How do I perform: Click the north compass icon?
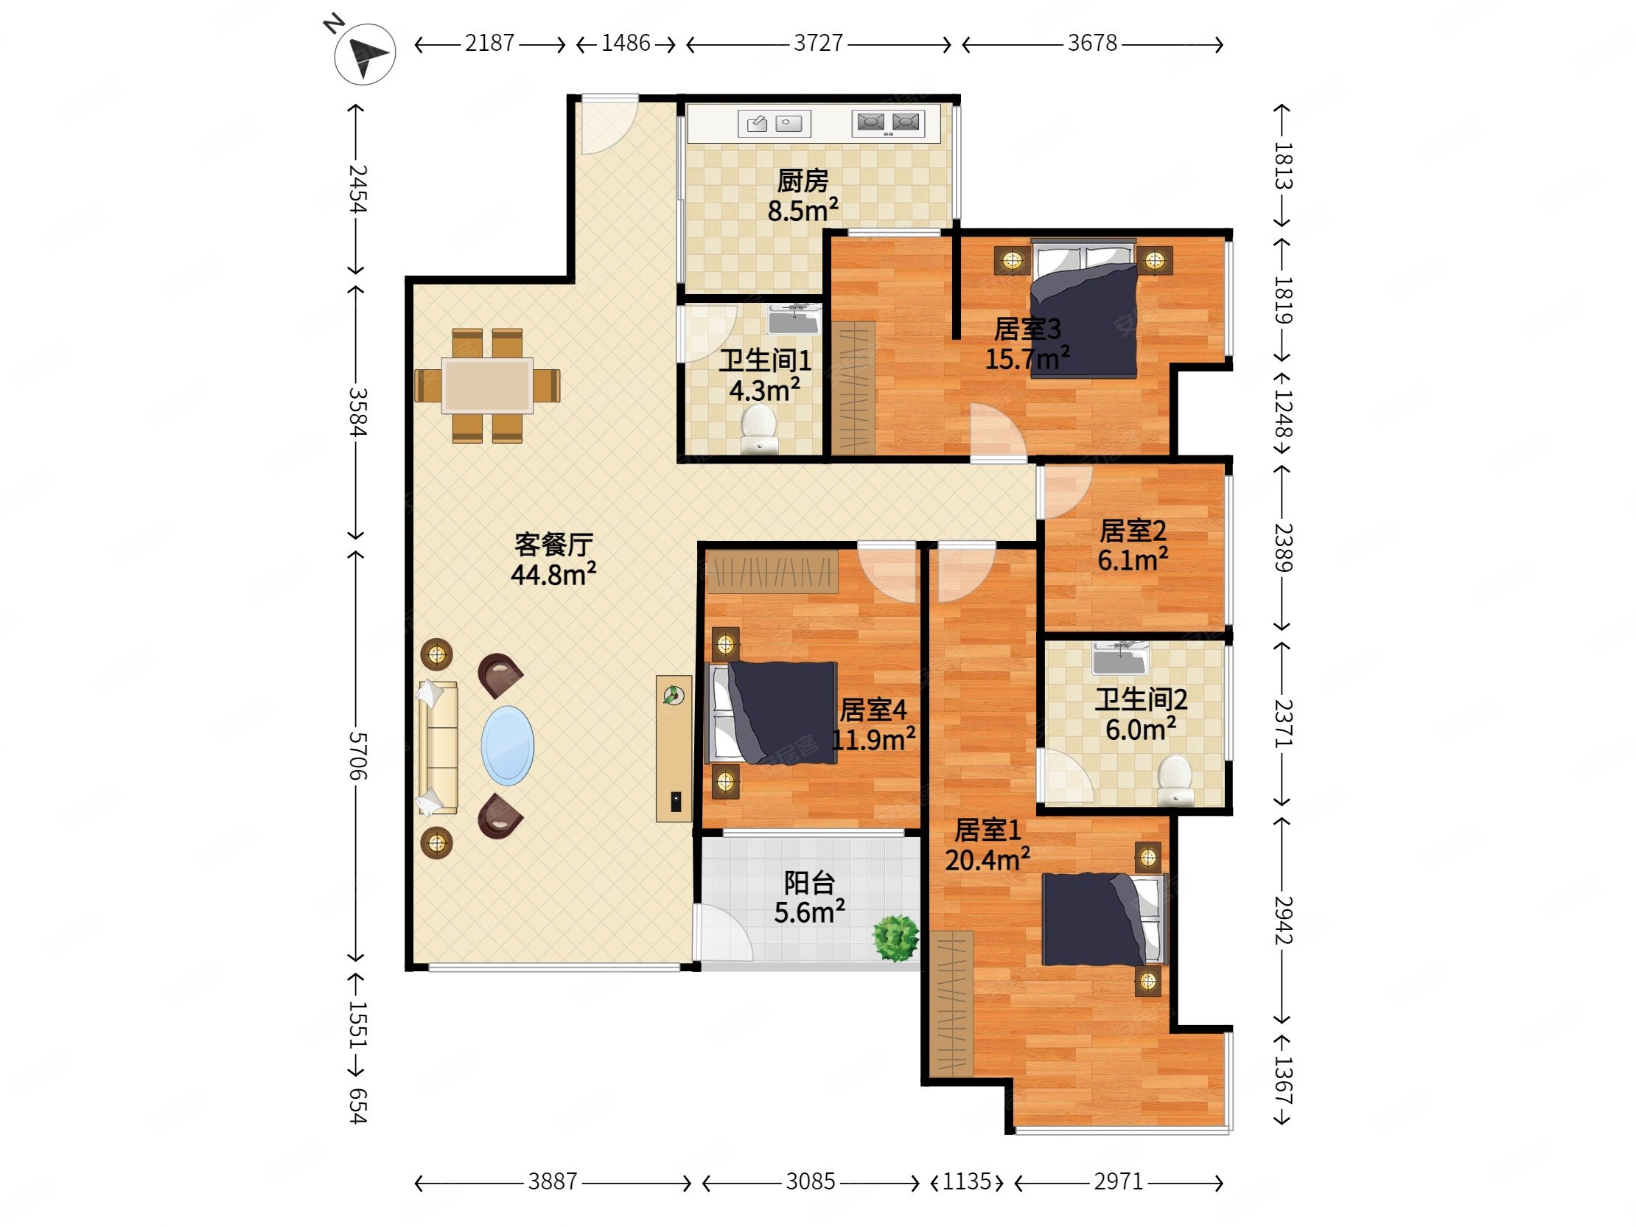(365, 53)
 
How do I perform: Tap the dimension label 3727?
(818, 43)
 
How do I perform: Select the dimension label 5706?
(357, 756)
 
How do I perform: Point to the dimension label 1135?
(967, 1181)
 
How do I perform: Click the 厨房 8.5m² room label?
(803, 196)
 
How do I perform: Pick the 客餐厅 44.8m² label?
(553, 559)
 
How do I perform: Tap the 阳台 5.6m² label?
(809, 898)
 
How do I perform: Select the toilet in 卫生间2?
(1175, 780)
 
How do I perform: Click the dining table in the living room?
(487, 385)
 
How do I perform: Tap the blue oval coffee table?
(507, 746)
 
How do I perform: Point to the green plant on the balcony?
(895, 938)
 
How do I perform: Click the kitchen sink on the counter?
(775, 124)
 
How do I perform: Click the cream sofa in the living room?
(438, 748)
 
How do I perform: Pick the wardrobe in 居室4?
(773, 571)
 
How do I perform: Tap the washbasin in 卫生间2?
(1121, 658)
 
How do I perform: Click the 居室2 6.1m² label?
(1133, 546)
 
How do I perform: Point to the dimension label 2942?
(1283, 921)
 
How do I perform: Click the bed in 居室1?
(1104, 919)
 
